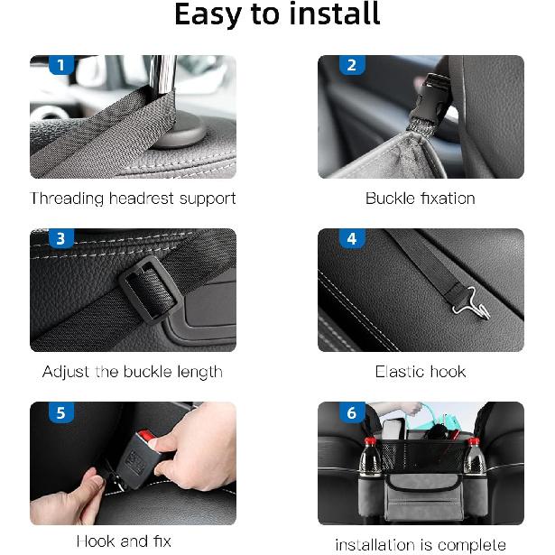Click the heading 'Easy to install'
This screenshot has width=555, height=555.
277,15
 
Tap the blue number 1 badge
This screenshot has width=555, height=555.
60,65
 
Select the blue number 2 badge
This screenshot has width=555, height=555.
351,65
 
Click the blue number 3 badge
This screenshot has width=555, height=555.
60,239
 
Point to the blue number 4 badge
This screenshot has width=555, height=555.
351,239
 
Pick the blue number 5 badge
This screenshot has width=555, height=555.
60,413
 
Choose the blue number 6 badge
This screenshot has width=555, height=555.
351,413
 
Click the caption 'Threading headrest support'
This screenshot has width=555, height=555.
133,198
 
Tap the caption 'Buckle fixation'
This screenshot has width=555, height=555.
420,198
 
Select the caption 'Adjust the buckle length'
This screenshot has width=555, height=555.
133,372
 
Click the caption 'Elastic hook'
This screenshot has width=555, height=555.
420,372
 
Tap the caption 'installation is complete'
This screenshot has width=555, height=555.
420,544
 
